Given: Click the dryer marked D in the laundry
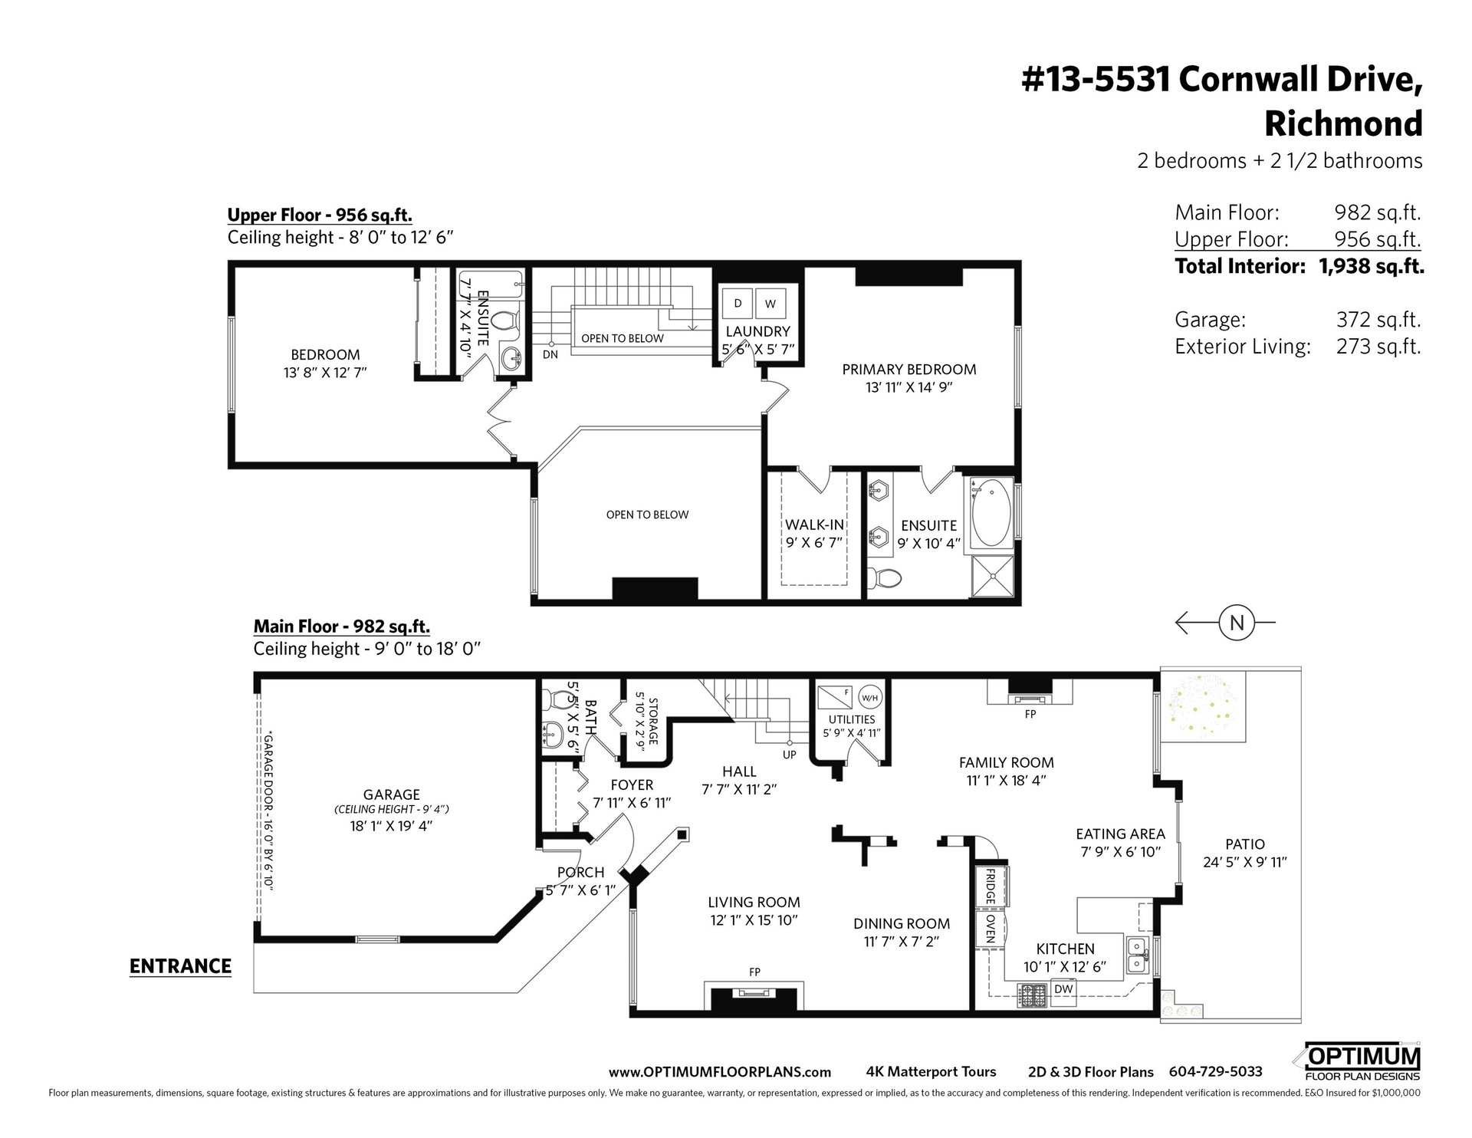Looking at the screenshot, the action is click(738, 303).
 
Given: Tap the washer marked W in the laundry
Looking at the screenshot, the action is click(770, 303).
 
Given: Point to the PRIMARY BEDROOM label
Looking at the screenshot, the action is click(909, 369).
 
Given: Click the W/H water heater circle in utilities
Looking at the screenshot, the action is click(869, 697).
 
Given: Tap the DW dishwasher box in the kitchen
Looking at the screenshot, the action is click(1063, 989).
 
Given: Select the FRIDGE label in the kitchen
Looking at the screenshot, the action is click(990, 886).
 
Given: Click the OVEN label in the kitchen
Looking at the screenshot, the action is click(990, 929).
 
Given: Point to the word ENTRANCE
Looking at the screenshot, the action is click(180, 966).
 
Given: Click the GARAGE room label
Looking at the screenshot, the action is click(392, 794).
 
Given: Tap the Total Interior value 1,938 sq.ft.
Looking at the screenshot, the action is click(1372, 266).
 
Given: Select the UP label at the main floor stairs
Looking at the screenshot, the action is click(790, 755).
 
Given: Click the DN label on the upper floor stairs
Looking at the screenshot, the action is click(550, 354).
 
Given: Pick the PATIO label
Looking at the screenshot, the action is click(1244, 844).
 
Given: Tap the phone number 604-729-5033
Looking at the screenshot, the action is click(1215, 1072).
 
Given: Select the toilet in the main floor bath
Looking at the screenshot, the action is click(554, 699).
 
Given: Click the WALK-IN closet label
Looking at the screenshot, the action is click(814, 525).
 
